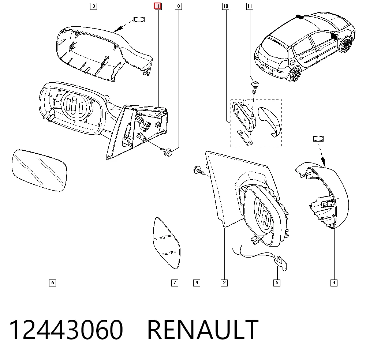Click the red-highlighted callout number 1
click(x=158, y=6)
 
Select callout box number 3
click(x=94, y=6)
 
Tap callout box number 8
click(x=179, y=6)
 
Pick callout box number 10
click(x=226, y=6)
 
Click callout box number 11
click(x=250, y=6)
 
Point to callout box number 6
click(x=52, y=283)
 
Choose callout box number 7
click(x=175, y=283)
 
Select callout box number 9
click(x=197, y=283)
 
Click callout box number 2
click(x=224, y=283)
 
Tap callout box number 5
click(x=277, y=283)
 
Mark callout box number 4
click(x=334, y=283)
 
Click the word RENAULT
click(x=203, y=330)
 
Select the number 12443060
click(x=66, y=330)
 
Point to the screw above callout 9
click(x=199, y=170)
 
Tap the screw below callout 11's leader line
click(x=255, y=87)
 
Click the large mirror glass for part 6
click(x=39, y=170)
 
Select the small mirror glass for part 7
click(x=167, y=243)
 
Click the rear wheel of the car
click(x=295, y=74)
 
